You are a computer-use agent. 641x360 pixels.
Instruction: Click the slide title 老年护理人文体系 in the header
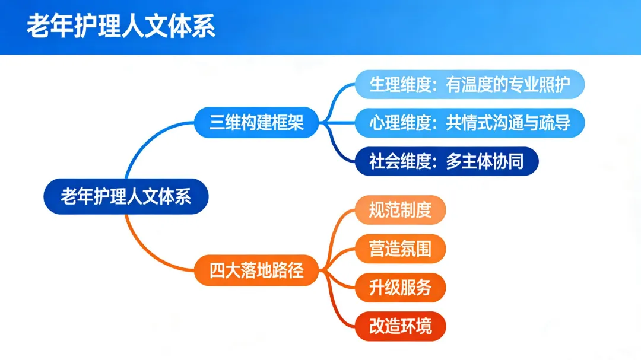pyautogui.click(x=120, y=27)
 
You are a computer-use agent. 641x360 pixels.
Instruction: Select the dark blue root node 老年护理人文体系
pyautogui.click(x=126, y=196)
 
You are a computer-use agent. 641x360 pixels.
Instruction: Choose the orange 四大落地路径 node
pyautogui.click(x=256, y=271)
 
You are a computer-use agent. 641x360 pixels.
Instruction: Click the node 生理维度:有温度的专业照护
pyautogui.click(x=469, y=85)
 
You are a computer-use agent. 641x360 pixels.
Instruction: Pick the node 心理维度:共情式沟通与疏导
pyautogui.click(x=469, y=123)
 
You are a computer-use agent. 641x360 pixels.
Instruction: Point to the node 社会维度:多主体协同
pyautogui.click(x=446, y=161)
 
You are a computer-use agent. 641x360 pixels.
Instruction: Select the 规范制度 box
pyautogui.click(x=399, y=210)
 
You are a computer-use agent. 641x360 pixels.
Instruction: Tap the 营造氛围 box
pyautogui.click(x=399, y=249)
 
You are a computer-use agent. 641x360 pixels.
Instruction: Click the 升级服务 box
pyautogui.click(x=399, y=288)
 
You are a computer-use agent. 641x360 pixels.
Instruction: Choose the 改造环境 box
pyautogui.click(x=399, y=326)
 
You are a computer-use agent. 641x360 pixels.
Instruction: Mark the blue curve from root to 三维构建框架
pyautogui.click(x=142, y=142)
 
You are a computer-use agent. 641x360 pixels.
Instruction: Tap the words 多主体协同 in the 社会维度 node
pyautogui.click(x=484, y=161)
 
